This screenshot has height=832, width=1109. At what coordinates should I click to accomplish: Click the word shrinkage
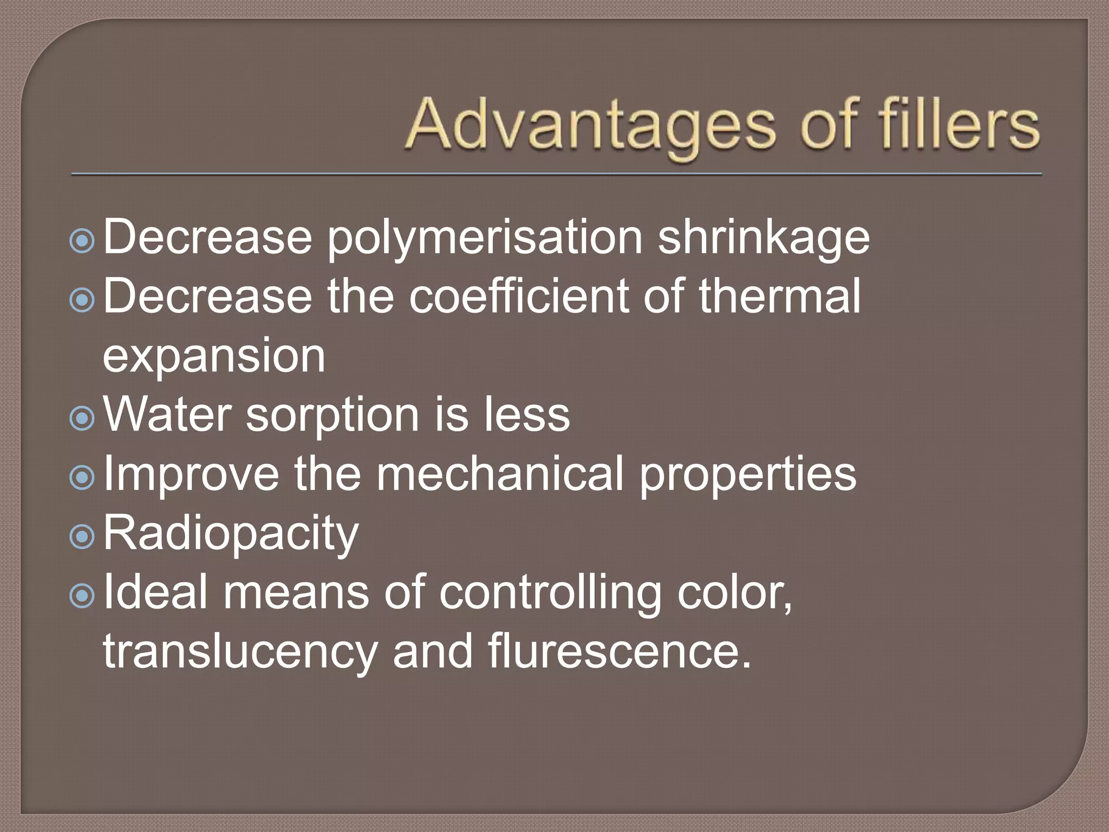click(x=764, y=239)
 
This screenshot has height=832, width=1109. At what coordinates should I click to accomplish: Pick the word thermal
click(x=779, y=296)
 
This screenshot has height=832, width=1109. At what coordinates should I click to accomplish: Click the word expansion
click(x=214, y=356)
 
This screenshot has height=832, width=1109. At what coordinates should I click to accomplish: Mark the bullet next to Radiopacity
click(x=82, y=536)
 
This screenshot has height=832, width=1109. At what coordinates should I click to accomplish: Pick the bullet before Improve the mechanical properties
click(x=82, y=477)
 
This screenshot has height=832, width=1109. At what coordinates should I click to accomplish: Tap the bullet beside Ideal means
click(x=82, y=595)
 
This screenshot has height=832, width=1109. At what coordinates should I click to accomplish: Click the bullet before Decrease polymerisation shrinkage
click(x=82, y=240)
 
